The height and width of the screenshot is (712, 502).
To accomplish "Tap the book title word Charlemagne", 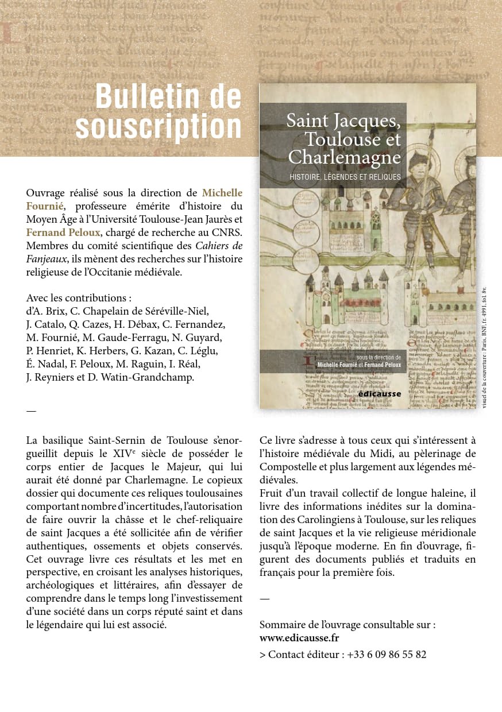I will [x=344, y=157].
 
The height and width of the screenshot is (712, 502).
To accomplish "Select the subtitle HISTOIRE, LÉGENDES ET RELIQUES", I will [x=345, y=177].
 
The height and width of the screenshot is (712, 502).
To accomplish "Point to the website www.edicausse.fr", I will [x=299, y=638].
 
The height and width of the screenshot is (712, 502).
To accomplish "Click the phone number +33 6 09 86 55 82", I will [x=387, y=655].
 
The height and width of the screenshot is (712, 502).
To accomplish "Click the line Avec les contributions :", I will [x=79, y=298].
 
